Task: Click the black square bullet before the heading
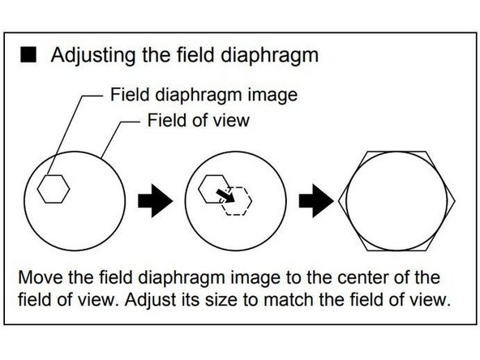(30, 57)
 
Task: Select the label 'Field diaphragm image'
(204, 95)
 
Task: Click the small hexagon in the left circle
(56, 189)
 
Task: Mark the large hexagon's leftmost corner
(340, 198)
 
